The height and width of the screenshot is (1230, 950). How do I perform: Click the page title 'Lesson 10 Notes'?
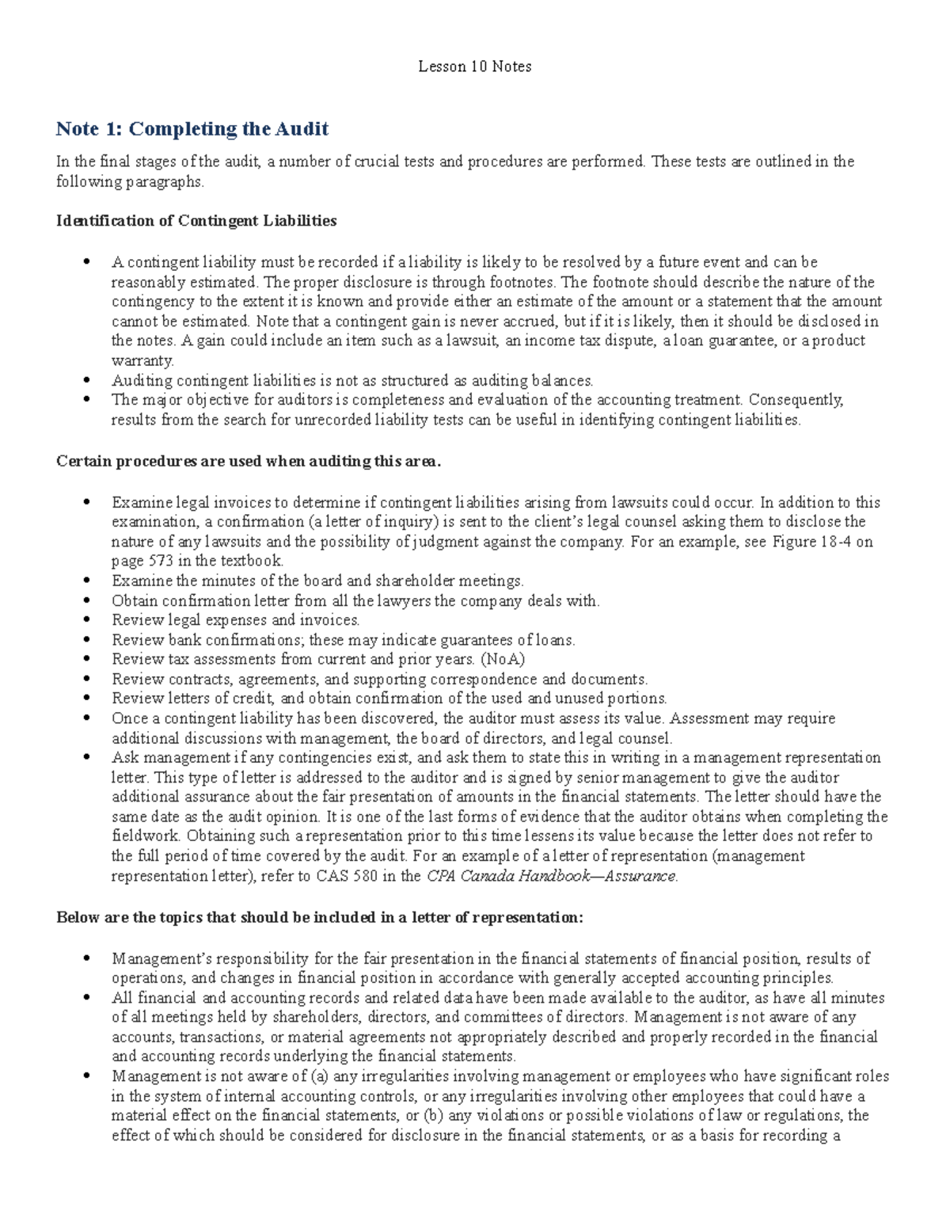[x=474, y=67]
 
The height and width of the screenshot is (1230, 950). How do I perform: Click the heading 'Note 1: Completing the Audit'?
[x=192, y=129]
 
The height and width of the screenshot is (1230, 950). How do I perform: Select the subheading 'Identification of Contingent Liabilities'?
[x=196, y=221]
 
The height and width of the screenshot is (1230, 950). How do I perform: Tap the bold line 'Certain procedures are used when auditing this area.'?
[x=248, y=461]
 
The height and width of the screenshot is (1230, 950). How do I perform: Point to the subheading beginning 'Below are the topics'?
[x=320, y=917]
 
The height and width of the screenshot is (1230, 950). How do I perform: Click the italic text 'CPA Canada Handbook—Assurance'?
[x=551, y=876]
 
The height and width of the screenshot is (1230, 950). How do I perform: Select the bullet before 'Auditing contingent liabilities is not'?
[x=86, y=381]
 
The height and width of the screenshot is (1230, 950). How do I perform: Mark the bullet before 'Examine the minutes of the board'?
[x=86, y=581]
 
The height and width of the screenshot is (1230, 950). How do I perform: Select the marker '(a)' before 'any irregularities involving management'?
[x=319, y=1076]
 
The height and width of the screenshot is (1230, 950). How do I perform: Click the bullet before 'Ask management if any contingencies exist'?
[x=86, y=758]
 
